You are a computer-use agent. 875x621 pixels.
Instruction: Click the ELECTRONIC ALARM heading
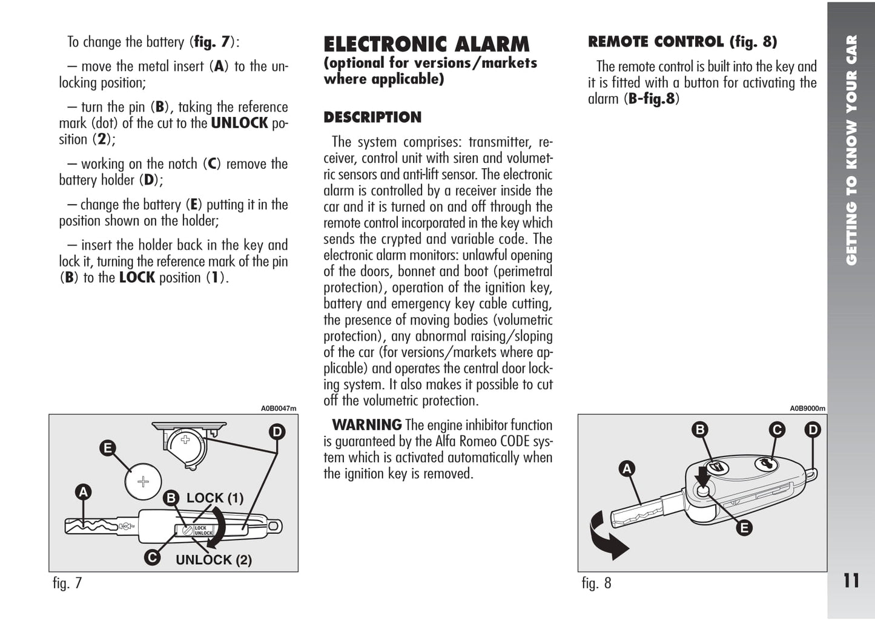(x=426, y=45)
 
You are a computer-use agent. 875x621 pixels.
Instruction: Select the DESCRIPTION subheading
(x=372, y=117)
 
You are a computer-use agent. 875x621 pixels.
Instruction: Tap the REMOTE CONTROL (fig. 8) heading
(x=682, y=42)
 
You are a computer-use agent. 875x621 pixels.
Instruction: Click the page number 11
(x=851, y=581)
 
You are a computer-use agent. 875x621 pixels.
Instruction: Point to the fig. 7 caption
(x=67, y=583)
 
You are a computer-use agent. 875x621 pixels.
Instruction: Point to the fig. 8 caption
(x=596, y=583)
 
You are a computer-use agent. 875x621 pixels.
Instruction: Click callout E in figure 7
(x=108, y=448)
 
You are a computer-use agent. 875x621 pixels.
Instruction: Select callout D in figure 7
(x=277, y=432)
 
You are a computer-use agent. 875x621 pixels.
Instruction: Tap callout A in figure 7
(x=83, y=493)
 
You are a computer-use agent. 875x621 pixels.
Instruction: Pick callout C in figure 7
(x=153, y=557)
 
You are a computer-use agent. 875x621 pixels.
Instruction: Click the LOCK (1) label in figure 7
(x=215, y=498)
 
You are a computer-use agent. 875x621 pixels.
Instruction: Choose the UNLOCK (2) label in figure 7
(x=214, y=560)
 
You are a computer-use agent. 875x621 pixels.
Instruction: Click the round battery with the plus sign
(x=143, y=482)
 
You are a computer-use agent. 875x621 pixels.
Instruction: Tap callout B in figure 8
(x=700, y=430)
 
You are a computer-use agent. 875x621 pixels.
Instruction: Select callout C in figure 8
(x=776, y=430)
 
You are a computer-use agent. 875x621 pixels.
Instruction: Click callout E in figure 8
(x=744, y=528)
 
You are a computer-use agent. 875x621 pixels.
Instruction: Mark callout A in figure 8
(x=627, y=468)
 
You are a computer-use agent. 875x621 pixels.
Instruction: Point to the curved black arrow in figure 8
(x=606, y=536)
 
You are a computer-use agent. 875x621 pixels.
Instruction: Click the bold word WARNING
(x=366, y=425)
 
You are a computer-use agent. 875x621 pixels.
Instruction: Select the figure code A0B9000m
(x=807, y=409)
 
